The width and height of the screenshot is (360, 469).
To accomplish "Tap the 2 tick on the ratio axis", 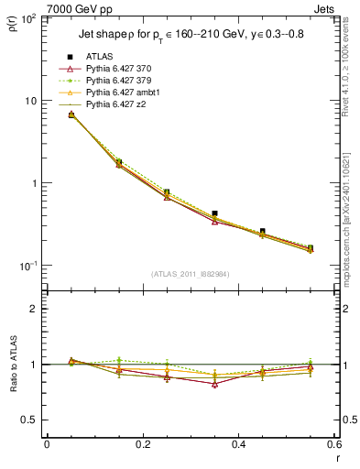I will tap(34, 309).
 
